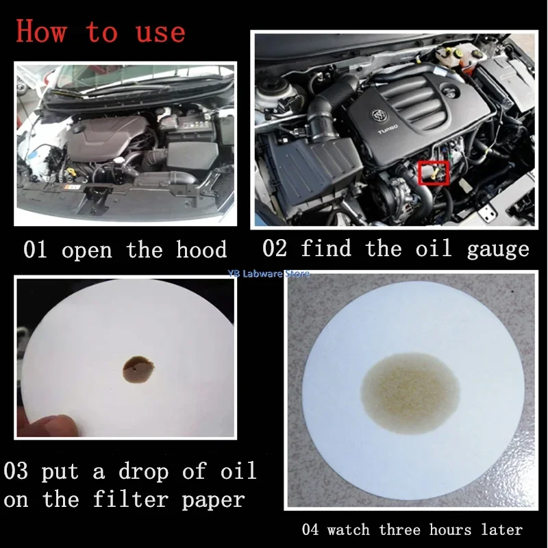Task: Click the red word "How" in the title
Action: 41,31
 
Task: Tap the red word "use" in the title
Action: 160,33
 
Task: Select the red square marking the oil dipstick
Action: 434,173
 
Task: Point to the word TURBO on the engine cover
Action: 387,129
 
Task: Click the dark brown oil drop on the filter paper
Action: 138,369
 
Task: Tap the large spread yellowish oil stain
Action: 410,393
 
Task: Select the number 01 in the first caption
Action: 35,249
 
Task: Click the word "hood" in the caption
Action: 201,249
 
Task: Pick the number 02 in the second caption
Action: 275,248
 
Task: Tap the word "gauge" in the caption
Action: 498,250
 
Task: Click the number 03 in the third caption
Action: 15,471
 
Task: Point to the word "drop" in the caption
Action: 144,472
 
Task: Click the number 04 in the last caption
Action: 310,530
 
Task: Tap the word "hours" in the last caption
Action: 450,530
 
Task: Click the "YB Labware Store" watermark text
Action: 269,273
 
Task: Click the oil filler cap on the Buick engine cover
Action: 450,92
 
